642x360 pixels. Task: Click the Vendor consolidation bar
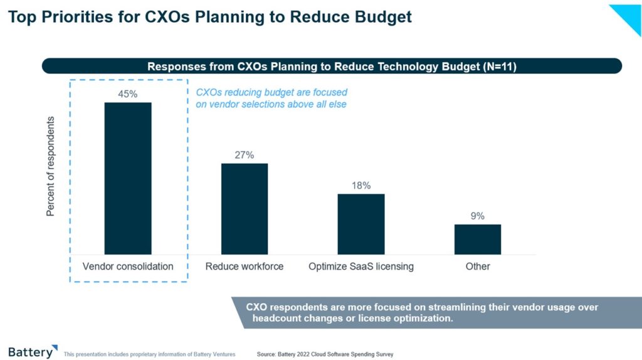point(128,178)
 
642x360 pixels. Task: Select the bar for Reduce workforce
point(245,208)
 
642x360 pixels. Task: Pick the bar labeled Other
point(478,239)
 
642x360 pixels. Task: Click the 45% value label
point(128,94)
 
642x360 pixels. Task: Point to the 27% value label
point(245,155)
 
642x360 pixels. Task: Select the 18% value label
point(361,186)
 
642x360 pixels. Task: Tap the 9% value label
point(478,216)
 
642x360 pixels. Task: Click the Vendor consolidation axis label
point(128,267)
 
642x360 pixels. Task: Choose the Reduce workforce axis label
point(245,267)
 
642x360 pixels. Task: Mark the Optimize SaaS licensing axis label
point(361,267)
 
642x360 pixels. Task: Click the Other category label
point(478,267)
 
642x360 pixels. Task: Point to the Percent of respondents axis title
point(51,166)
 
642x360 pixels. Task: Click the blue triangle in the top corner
point(629,16)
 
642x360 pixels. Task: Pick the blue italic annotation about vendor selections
point(271,98)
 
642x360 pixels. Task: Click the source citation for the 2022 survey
point(325,354)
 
